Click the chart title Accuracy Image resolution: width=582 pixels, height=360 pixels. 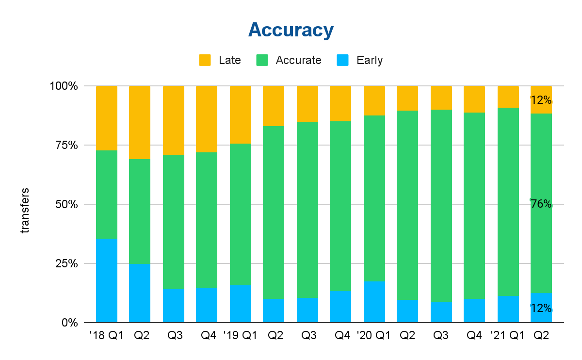pos(291,30)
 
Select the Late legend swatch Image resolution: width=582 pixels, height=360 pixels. pos(205,60)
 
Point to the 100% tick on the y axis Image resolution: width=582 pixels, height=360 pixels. pos(64,86)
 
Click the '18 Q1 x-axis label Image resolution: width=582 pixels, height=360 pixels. pos(107,335)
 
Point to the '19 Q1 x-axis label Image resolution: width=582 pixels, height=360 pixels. pos(241,335)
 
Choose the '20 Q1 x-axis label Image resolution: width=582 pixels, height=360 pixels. pos(374,335)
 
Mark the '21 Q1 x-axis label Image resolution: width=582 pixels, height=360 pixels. pos(508,335)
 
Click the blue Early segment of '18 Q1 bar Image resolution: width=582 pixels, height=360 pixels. pos(107,280)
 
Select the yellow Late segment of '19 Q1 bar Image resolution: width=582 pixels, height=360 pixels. pos(241,115)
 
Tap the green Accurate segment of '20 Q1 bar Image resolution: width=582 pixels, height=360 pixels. pos(374,198)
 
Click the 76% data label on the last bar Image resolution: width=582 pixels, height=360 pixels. pos(541,204)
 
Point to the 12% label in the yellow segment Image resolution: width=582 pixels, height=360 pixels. pos(541,100)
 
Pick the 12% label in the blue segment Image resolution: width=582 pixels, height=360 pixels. pos(541,308)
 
